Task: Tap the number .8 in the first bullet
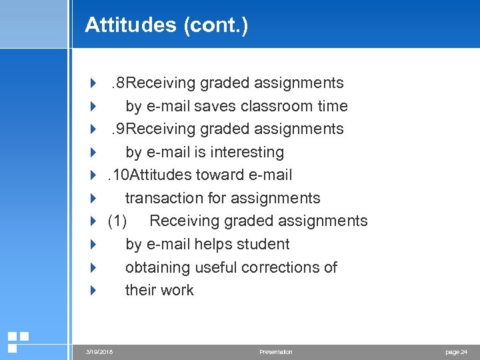pyautogui.click(x=118, y=83)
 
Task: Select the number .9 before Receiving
pyautogui.click(x=118, y=129)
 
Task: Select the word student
pyautogui.click(x=263, y=244)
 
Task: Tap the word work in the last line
pyautogui.click(x=177, y=290)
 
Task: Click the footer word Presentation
pyautogui.click(x=276, y=352)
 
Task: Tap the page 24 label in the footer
pyautogui.click(x=456, y=352)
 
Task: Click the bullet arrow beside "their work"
pyautogui.click(x=93, y=290)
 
